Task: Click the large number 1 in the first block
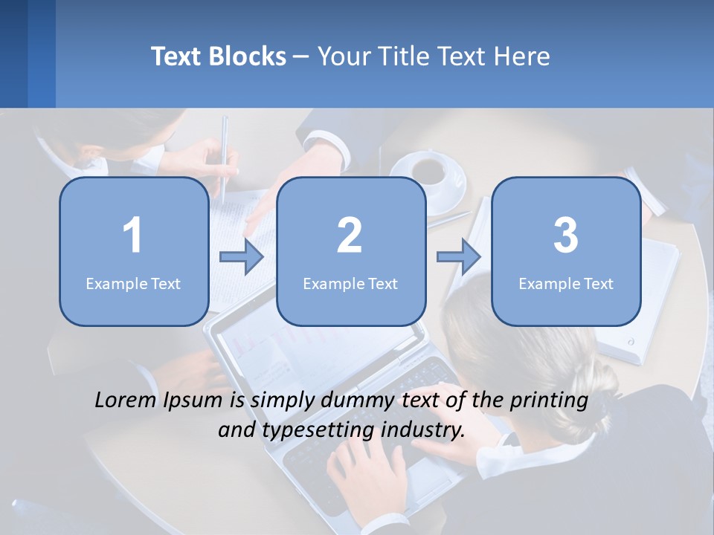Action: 132,236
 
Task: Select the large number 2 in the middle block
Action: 350,236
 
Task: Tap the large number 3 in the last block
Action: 566,236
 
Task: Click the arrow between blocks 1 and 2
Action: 242,257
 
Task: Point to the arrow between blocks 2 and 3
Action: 459,257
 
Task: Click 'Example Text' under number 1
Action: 133,283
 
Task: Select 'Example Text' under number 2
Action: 350,283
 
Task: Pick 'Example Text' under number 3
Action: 566,283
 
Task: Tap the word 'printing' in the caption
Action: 549,401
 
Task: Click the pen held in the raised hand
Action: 224,156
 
